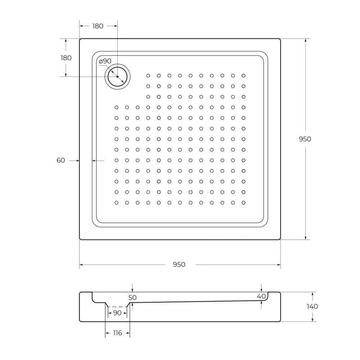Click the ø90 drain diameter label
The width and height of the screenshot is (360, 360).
(105, 61)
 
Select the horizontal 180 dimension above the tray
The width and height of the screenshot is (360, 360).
(98, 26)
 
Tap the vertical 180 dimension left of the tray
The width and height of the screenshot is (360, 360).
(66, 58)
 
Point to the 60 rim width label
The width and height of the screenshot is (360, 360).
(61, 161)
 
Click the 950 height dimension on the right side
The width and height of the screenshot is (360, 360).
(305, 139)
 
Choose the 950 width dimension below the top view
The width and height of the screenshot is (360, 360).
(179, 265)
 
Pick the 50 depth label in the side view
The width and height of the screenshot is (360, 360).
(132, 298)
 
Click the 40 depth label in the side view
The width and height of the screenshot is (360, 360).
(261, 296)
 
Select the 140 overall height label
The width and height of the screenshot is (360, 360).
(312, 307)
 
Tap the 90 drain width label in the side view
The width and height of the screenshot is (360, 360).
(117, 313)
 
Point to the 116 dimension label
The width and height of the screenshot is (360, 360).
(117, 333)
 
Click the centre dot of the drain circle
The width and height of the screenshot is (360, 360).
(117, 76)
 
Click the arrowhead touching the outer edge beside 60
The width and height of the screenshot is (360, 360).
(77, 161)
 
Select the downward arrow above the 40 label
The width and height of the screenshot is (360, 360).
(261, 289)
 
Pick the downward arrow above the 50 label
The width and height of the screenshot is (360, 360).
(132, 289)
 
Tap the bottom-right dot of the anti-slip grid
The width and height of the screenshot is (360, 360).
(244, 203)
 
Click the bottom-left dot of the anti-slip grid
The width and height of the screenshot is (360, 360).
(116, 203)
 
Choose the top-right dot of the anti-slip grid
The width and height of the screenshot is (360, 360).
(244, 76)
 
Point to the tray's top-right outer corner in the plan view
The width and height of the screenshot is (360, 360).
(280, 39)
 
